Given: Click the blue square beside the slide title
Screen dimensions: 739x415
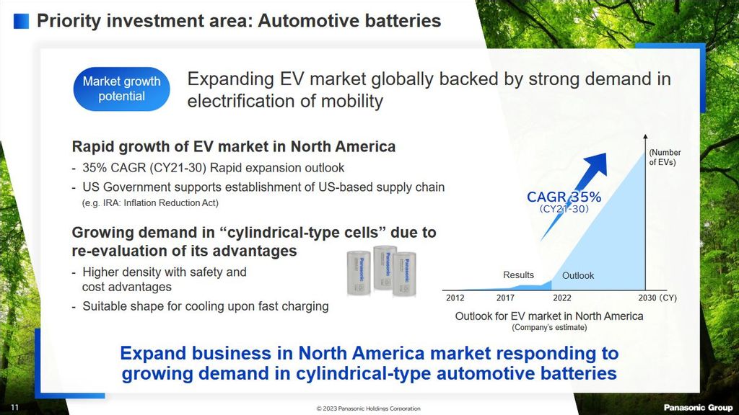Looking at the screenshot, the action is click(x=21, y=21).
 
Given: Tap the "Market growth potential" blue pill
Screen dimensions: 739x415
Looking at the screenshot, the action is click(x=121, y=89).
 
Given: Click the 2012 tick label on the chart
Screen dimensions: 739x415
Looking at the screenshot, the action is click(x=455, y=298).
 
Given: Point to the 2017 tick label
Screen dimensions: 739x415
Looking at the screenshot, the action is click(x=505, y=298).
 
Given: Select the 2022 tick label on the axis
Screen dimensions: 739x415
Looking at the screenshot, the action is click(x=561, y=298).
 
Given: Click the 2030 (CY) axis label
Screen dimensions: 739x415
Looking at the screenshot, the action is click(x=657, y=298).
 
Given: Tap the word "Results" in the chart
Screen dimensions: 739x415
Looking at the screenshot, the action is click(x=518, y=275).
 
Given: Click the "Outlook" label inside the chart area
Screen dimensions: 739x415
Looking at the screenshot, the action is click(x=578, y=276).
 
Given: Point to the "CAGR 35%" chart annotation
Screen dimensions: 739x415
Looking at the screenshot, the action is click(x=564, y=197).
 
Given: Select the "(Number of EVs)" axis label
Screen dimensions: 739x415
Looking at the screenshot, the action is click(x=665, y=157).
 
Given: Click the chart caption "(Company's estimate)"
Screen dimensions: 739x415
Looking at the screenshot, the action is click(x=549, y=328).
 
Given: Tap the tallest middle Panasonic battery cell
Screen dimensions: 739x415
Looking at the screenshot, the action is click(x=385, y=267).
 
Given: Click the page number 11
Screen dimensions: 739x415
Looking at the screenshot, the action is click(x=14, y=408).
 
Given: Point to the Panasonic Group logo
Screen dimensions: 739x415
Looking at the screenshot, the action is click(x=698, y=408).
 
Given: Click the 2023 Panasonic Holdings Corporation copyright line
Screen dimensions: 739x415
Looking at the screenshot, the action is click(x=369, y=409).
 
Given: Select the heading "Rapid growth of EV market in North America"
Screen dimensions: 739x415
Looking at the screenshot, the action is click(x=233, y=147).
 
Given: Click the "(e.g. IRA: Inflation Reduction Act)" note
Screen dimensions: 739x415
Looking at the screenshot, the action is click(x=150, y=202).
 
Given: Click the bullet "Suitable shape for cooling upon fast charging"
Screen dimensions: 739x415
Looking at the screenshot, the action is click(x=206, y=306).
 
